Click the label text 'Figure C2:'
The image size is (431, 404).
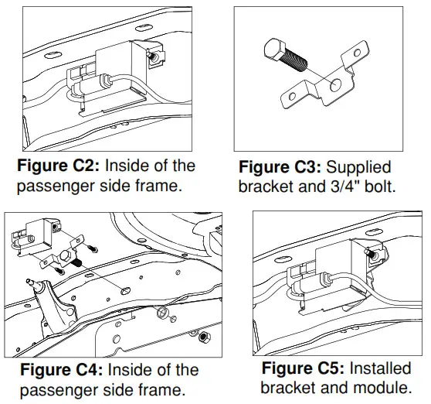(58, 166)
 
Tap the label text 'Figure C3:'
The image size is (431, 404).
(280, 167)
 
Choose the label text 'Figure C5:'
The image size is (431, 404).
(302, 368)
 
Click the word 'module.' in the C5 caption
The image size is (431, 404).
(385, 387)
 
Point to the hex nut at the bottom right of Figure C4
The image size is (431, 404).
(202, 337)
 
